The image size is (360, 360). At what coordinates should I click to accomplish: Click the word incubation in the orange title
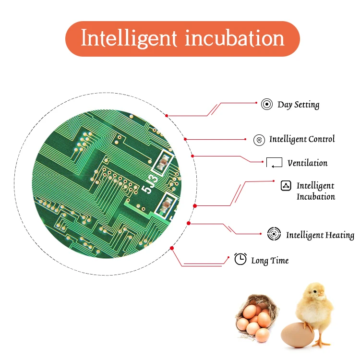[x=234, y=38]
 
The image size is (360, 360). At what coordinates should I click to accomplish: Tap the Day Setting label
[x=298, y=104]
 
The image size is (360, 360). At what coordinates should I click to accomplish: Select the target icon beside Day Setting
[x=267, y=104]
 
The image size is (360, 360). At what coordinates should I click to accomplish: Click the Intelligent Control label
[x=302, y=139]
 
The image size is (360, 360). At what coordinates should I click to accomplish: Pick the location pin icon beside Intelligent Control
[x=259, y=140]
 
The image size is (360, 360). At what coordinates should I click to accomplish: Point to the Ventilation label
[x=308, y=163]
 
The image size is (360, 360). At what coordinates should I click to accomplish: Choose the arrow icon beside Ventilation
[x=275, y=163]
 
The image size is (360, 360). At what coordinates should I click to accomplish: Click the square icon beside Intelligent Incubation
[x=286, y=186]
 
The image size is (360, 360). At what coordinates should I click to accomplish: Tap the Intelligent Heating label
[x=320, y=235]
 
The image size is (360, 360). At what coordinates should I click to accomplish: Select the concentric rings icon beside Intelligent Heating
[x=274, y=234]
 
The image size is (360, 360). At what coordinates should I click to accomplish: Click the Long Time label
[x=270, y=261]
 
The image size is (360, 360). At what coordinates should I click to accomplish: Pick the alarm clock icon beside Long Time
[x=240, y=259]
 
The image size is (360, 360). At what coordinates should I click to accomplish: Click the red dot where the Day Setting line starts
[x=166, y=116]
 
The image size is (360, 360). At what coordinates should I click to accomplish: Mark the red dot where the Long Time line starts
[x=172, y=248]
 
